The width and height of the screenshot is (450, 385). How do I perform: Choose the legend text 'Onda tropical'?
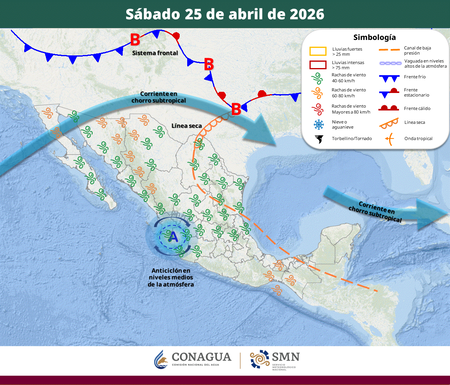click(x=416, y=138)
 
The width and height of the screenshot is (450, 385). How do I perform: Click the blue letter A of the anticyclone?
click(x=174, y=236)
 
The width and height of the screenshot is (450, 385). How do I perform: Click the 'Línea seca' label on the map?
click(x=187, y=126)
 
